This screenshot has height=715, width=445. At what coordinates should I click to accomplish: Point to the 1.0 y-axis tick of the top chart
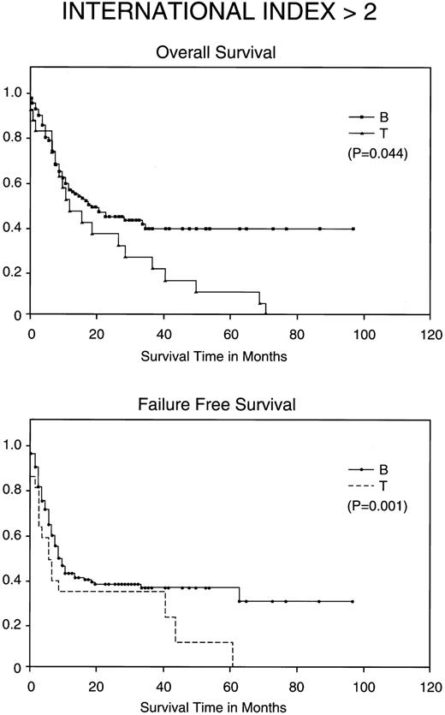click(x=14, y=94)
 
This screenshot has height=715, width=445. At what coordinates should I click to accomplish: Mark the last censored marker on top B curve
click(x=353, y=229)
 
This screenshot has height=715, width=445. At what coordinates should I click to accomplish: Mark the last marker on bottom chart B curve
click(x=353, y=602)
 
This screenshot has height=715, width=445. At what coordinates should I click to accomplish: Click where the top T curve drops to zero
click(x=266, y=315)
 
